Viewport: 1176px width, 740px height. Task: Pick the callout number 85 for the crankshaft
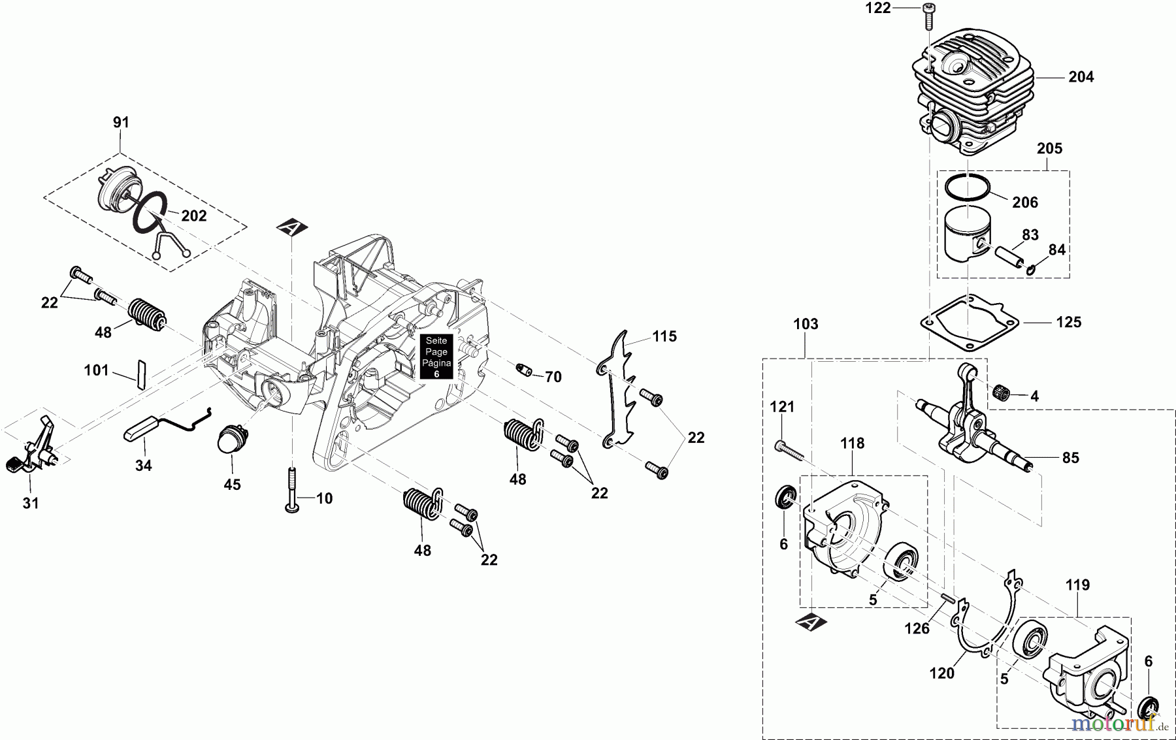coord(1070,458)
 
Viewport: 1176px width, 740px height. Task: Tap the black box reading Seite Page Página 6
coord(436,357)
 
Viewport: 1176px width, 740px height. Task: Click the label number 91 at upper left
coord(121,122)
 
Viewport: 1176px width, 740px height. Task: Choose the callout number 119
coord(1077,585)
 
